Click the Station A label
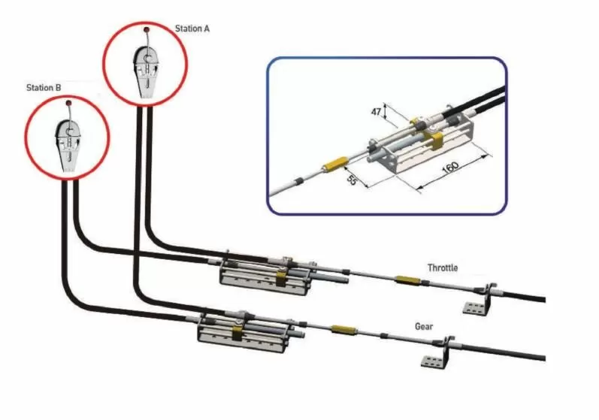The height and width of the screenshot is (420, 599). tap(192, 29)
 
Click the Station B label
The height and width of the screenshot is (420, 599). tap(44, 88)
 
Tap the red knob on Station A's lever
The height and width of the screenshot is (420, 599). tap(147, 29)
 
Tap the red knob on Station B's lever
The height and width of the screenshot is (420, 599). tap(68, 103)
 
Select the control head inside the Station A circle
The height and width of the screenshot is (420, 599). tap(146, 71)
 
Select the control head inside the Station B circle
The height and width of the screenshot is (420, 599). tap(68, 146)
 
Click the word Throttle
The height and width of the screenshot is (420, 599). tap(443, 267)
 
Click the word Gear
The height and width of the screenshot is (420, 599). tap(424, 326)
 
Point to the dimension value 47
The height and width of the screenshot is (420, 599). tap(377, 111)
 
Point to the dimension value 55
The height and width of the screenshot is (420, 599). tap(352, 180)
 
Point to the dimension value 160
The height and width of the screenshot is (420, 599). tap(450, 168)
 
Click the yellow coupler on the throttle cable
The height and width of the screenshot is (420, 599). tap(407, 279)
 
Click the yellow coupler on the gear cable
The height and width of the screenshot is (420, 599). tap(343, 330)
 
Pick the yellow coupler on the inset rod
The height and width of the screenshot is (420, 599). tap(334, 165)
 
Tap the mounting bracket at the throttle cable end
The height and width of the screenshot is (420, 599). tap(478, 299)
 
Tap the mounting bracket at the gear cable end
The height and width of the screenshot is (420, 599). tap(437, 353)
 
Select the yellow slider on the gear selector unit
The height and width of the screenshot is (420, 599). tap(237, 332)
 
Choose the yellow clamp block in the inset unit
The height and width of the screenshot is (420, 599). tap(435, 139)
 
